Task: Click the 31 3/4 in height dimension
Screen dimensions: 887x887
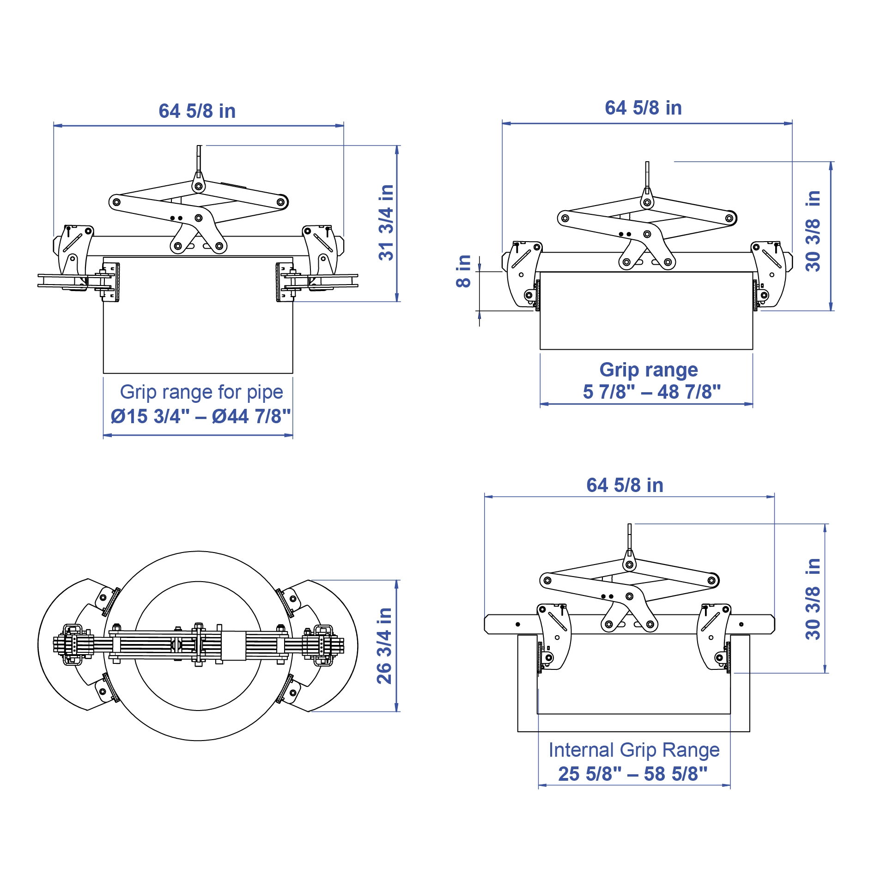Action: pos(386,223)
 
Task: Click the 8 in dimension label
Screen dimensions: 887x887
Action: pos(463,271)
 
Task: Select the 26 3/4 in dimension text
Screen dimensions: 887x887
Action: pos(384,646)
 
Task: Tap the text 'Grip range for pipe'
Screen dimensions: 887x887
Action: pos(201,392)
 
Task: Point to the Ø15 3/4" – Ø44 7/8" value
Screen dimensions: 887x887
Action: pos(201,416)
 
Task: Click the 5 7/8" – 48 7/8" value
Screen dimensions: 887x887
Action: pos(652,392)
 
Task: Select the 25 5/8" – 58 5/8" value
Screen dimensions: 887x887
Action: pos(633,774)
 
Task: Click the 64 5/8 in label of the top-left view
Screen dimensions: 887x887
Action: pos(197,111)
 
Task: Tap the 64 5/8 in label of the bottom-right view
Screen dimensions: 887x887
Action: pos(625,485)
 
